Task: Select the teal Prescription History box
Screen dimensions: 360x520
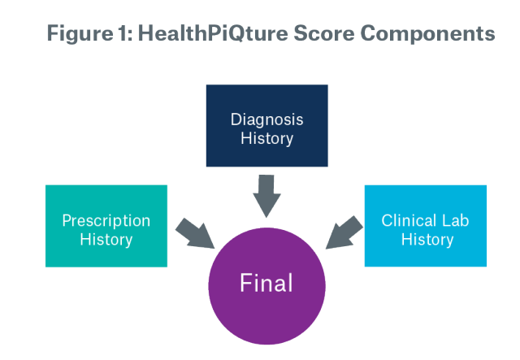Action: click(106, 226)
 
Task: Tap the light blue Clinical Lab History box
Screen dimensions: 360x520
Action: click(425, 226)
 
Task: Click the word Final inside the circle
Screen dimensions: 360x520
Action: click(266, 284)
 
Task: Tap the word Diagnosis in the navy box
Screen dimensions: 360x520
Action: click(266, 119)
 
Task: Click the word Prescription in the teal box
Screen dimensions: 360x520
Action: click(106, 220)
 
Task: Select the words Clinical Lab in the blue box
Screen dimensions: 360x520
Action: click(425, 220)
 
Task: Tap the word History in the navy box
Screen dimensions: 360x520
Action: click(266, 139)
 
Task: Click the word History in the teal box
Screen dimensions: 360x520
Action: click(106, 240)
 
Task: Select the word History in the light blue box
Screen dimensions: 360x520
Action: click(425, 240)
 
